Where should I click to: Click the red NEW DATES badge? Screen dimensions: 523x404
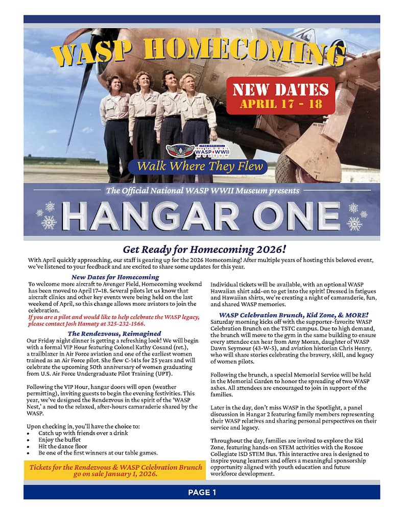coord(280,96)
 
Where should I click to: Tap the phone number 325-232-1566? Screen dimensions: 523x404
coord(128,324)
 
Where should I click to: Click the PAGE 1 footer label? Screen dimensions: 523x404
coord(202,492)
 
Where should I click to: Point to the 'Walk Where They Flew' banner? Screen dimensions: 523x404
coord(197,166)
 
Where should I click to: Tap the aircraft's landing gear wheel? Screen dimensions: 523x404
coord(293,167)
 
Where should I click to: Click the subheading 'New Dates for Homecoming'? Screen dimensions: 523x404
coord(115,277)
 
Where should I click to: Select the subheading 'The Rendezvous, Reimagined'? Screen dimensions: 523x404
coord(114,333)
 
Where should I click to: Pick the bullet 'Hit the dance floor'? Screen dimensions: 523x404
coord(63,446)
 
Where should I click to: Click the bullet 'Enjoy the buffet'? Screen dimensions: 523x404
coord(61,439)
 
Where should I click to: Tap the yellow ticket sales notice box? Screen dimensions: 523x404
coord(115,470)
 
